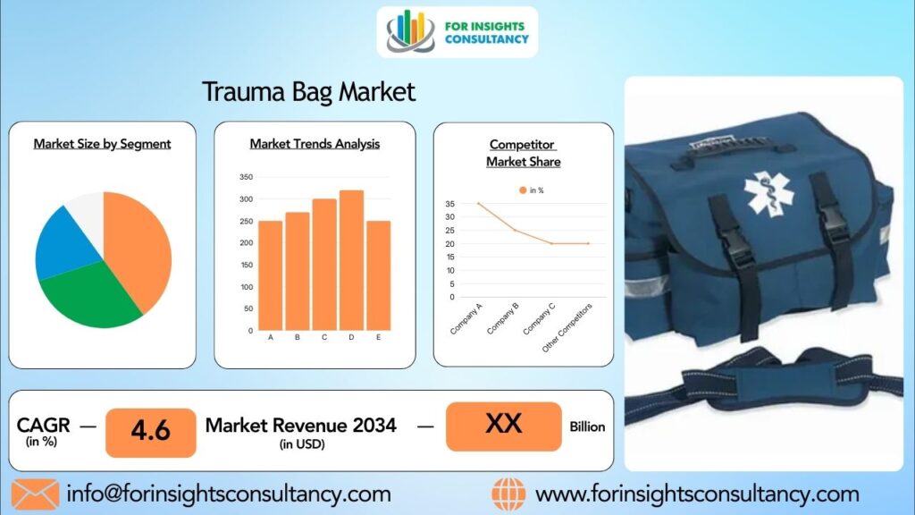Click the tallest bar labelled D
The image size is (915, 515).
(x=351, y=260)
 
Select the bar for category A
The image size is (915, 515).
(x=270, y=275)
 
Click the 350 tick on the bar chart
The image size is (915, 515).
(x=247, y=177)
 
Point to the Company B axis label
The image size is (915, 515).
(x=503, y=319)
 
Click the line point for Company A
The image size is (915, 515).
(x=479, y=204)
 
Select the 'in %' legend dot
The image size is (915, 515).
(x=523, y=190)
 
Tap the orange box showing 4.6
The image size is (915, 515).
(x=150, y=433)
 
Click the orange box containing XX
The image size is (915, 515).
(x=504, y=426)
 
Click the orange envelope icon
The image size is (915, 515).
(x=35, y=494)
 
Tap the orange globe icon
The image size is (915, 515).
(x=508, y=494)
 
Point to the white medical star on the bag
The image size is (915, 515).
(x=768, y=193)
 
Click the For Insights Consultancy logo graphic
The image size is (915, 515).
(x=410, y=31)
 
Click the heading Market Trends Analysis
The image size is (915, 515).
(x=315, y=144)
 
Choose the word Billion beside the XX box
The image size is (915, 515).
(x=587, y=426)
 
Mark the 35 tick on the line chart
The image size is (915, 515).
(x=450, y=204)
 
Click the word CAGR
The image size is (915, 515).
(x=43, y=425)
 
